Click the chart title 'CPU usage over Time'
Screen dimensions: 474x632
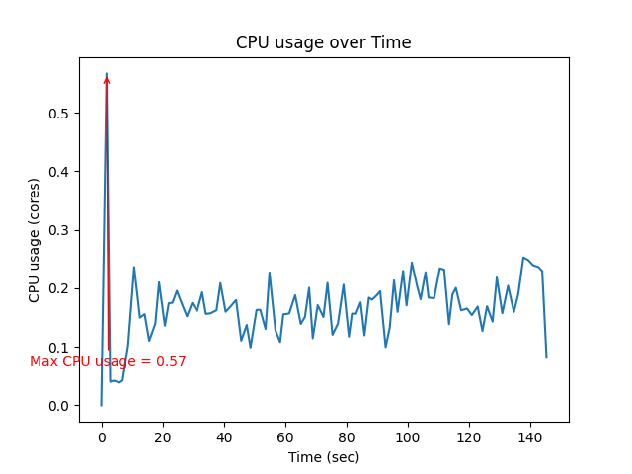point(323,42)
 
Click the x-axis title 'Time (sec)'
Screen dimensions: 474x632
point(323,457)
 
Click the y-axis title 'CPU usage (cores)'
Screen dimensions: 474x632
point(35,240)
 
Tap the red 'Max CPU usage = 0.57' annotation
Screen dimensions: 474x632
point(108,361)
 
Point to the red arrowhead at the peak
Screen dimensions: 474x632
point(107,79)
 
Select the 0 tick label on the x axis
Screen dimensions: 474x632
point(102,436)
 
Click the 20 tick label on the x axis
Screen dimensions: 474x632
point(163,436)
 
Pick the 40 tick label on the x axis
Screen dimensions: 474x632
point(224,436)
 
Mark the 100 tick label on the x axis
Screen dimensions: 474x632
point(408,436)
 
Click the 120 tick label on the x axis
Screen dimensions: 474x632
point(469,436)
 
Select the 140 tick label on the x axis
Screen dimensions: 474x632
point(530,436)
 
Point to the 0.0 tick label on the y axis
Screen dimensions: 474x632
point(61,406)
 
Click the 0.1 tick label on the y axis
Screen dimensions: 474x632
point(61,348)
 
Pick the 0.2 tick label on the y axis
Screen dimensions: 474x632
point(61,288)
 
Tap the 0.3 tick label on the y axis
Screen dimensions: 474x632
point(61,230)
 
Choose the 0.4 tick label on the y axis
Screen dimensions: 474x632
point(61,172)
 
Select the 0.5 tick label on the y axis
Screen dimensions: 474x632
point(61,114)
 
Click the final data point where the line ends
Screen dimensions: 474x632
point(546,357)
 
